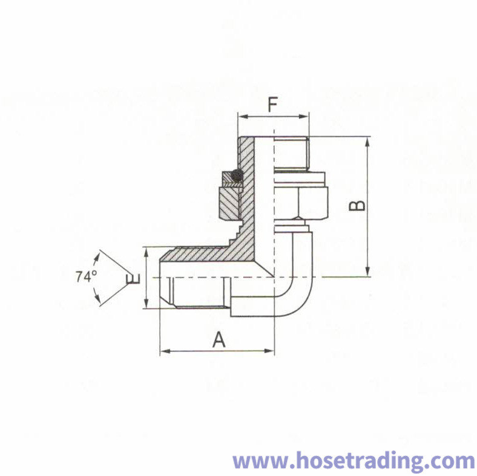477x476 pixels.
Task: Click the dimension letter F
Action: tap(272, 105)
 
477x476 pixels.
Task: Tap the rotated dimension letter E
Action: tap(133, 279)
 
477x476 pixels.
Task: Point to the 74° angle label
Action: tap(87, 276)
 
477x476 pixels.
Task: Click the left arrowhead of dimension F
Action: tap(243, 116)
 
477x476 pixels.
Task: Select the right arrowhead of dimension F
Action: tap(304, 116)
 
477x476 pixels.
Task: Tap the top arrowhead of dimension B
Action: tap(368, 142)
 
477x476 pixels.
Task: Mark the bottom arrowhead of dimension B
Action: tap(368, 271)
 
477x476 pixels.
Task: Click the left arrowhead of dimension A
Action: tap(165, 351)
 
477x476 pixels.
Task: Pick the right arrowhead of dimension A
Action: tap(269, 351)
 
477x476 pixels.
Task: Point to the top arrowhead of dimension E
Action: tap(146, 252)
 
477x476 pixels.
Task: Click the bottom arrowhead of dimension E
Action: tap(146, 303)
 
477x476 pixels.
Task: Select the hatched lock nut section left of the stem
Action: tap(229, 203)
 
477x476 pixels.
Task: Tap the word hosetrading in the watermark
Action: tap(354, 461)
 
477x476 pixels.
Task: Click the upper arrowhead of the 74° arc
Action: tap(97, 258)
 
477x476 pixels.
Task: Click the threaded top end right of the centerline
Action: tap(291, 154)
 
